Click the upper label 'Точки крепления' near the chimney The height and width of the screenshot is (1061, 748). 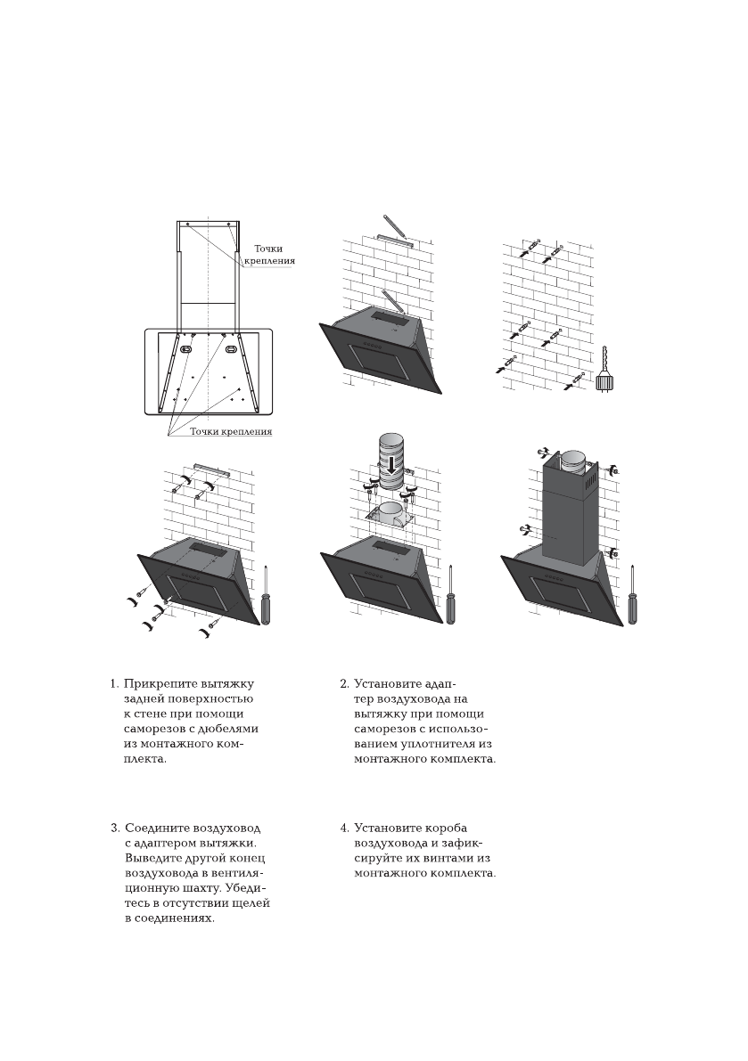[x=274, y=255]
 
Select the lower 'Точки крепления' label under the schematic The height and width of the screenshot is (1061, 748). [x=231, y=432]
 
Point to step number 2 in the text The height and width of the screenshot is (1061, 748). [x=343, y=684]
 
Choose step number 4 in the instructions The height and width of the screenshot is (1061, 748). [x=343, y=828]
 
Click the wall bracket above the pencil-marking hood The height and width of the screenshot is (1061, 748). [x=394, y=240]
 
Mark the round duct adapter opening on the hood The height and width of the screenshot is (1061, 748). [x=390, y=510]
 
